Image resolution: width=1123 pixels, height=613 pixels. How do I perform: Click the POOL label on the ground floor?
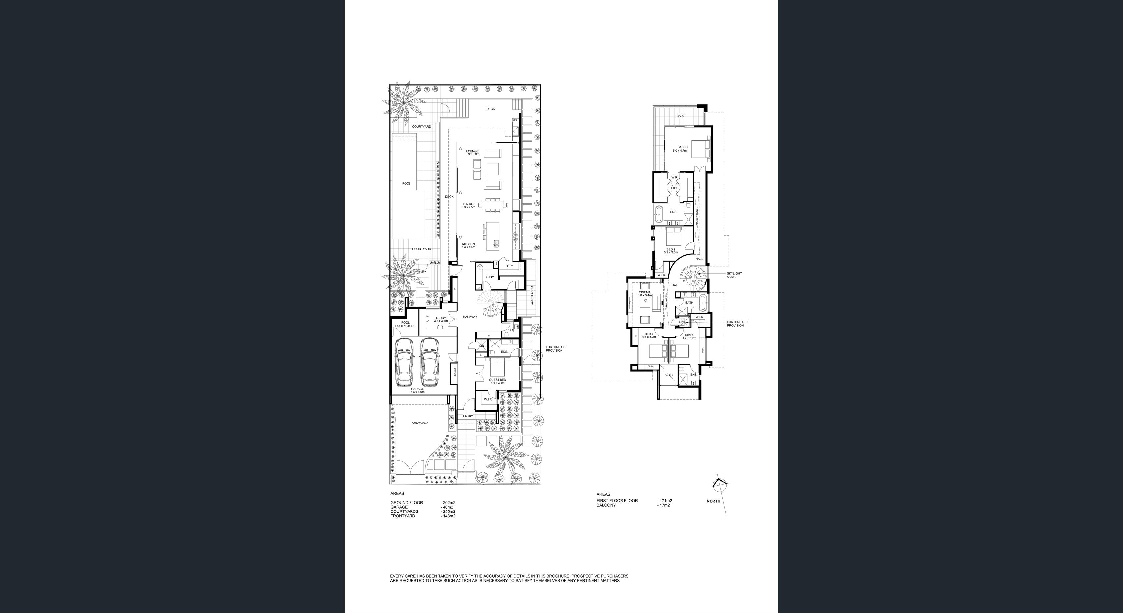point(406,184)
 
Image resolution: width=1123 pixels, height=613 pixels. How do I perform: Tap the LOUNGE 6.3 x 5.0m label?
point(472,153)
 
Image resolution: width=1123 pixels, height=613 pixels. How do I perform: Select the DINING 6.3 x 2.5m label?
point(468,206)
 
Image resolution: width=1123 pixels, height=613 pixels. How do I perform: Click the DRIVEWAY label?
point(419,423)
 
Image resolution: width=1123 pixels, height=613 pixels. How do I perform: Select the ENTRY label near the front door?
point(468,416)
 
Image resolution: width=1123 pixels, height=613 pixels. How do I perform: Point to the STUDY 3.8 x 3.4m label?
point(441,319)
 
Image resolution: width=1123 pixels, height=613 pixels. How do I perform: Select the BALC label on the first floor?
point(680,116)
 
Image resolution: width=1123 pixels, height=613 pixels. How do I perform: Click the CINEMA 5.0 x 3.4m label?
point(644,294)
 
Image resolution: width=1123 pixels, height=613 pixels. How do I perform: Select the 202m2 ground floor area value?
point(449,502)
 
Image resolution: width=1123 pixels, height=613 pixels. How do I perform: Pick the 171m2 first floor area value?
point(666,501)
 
